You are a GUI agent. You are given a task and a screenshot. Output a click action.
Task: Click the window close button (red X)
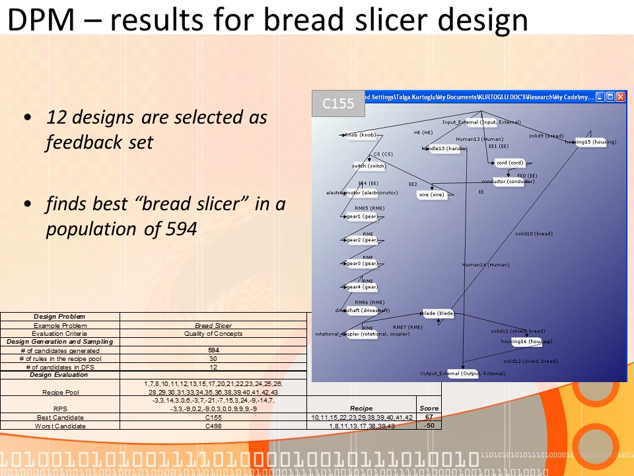(x=620, y=97)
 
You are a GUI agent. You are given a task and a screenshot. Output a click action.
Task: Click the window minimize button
(x=600, y=97)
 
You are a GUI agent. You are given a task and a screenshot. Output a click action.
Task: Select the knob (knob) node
(x=361, y=136)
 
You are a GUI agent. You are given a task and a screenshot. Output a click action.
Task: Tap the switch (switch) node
(x=369, y=167)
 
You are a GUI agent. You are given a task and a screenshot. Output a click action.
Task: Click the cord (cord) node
(x=510, y=163)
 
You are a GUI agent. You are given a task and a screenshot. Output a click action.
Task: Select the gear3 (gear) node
(x=361, y=264)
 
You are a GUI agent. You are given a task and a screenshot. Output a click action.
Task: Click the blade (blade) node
(x=439, y=313)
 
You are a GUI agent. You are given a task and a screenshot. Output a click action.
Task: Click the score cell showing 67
(x=429, y=417)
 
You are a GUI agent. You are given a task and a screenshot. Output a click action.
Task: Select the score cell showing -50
(x=429, y=426)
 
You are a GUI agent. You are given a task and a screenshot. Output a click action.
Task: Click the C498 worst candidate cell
(x=213, y=426)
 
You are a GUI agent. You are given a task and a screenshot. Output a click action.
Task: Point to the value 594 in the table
(x=213, y=350)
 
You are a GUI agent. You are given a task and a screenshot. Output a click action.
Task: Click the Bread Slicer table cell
(x=213, y=325)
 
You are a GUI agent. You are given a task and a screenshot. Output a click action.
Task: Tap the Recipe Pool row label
(x=60, y=391)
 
